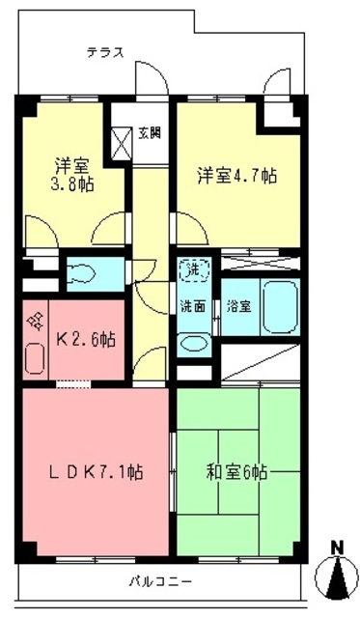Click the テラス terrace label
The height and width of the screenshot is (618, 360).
pyautogui.click(x=104, y=53)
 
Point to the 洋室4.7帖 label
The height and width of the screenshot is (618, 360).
pyautogui.click(x=237, y=176)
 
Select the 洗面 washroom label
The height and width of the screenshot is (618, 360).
pyautogui.click(x=192, y=307)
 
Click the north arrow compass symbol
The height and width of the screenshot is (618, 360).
pyautogui.click(x=338, y=578)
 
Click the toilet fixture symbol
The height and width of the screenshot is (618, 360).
pyautogui.click(x=82, y=273)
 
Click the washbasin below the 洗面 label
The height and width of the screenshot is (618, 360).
pyautogui.click(x=193, y=342)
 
